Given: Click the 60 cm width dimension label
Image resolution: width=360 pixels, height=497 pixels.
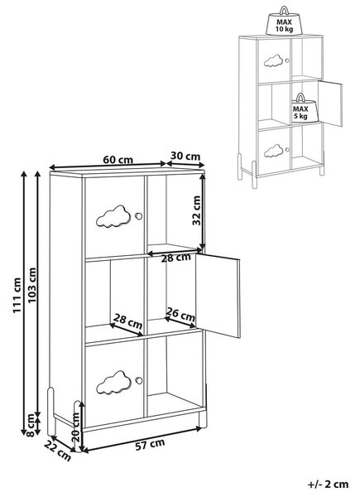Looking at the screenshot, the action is (118, 160).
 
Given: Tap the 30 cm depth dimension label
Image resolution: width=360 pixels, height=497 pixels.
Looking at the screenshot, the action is (185, 156).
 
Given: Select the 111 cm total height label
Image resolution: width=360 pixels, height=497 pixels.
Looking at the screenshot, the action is (17, 296).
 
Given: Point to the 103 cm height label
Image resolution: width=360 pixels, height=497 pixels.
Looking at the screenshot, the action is (32, 285).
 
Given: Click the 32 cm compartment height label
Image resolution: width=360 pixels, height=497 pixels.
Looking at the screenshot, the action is (197, 210).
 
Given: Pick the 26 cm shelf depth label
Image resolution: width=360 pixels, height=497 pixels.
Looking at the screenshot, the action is (180, 314).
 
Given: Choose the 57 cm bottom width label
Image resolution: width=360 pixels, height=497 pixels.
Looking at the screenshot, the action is (150, 444).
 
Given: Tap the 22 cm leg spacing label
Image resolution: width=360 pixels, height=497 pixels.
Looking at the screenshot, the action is (58, 451).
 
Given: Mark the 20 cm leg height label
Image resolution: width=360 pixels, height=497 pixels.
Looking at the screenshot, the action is (75, 427).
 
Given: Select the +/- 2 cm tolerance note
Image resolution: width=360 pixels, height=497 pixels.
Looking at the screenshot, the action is (328, 484).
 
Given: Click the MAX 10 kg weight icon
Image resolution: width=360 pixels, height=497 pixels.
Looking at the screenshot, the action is (284, 21).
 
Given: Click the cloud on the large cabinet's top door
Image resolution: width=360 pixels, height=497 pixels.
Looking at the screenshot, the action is (113, 216).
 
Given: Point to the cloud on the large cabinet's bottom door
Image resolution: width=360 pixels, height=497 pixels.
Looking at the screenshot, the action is (113, 383).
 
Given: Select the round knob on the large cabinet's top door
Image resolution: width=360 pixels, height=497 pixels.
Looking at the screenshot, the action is (138, 216).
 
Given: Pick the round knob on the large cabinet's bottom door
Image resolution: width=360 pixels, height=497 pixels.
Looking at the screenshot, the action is (139, 380).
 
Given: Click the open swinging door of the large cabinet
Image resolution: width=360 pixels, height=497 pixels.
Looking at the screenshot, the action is (218, 296).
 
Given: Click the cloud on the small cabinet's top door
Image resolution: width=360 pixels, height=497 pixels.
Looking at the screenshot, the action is (273, 60).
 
